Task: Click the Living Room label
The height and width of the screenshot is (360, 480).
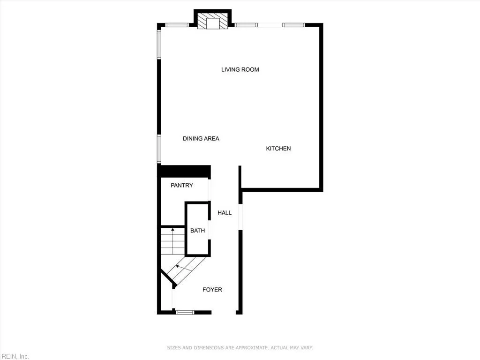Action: coord(240,70)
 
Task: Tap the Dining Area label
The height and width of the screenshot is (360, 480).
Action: coord(201,139)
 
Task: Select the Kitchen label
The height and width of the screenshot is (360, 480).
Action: coord(278,149)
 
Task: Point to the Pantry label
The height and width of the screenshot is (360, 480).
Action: coord(181,186)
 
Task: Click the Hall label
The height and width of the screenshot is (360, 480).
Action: coord(225,213)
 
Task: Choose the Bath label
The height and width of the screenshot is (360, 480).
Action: coord(197,231)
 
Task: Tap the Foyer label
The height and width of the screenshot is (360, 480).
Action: coord(212,290)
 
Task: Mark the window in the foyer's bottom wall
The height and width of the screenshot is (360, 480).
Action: coord(185,312)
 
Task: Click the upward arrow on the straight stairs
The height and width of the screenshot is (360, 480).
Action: coord(173,230)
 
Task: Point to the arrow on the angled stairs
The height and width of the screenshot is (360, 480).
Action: coord(178,266)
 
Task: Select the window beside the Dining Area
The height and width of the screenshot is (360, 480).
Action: coord(159,149)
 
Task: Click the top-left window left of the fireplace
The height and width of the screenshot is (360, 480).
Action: coord(177,25)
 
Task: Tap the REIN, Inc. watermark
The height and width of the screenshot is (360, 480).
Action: coord(15,356)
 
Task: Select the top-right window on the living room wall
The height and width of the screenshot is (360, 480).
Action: coord(293,25)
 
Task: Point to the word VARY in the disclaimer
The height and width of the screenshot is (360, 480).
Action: coord(307,348)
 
